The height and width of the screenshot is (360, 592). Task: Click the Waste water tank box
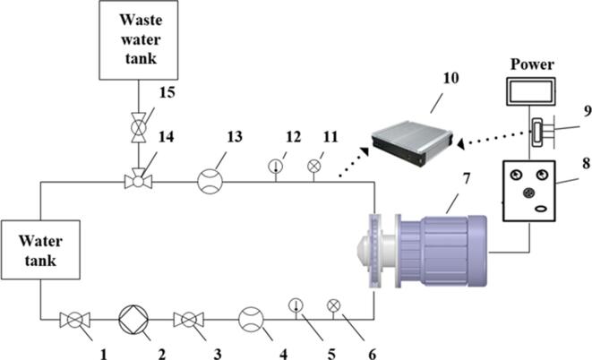pos(138,39)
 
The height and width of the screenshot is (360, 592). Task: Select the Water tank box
pos(41,250)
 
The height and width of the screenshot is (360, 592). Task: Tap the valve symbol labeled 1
pos(71,320)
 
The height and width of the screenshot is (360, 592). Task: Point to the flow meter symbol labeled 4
pos(252,320)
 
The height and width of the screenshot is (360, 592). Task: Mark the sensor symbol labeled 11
pos(314,165)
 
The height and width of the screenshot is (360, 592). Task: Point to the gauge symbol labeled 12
pos(276,166)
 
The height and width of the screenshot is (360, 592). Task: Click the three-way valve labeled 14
pos(138,182)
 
